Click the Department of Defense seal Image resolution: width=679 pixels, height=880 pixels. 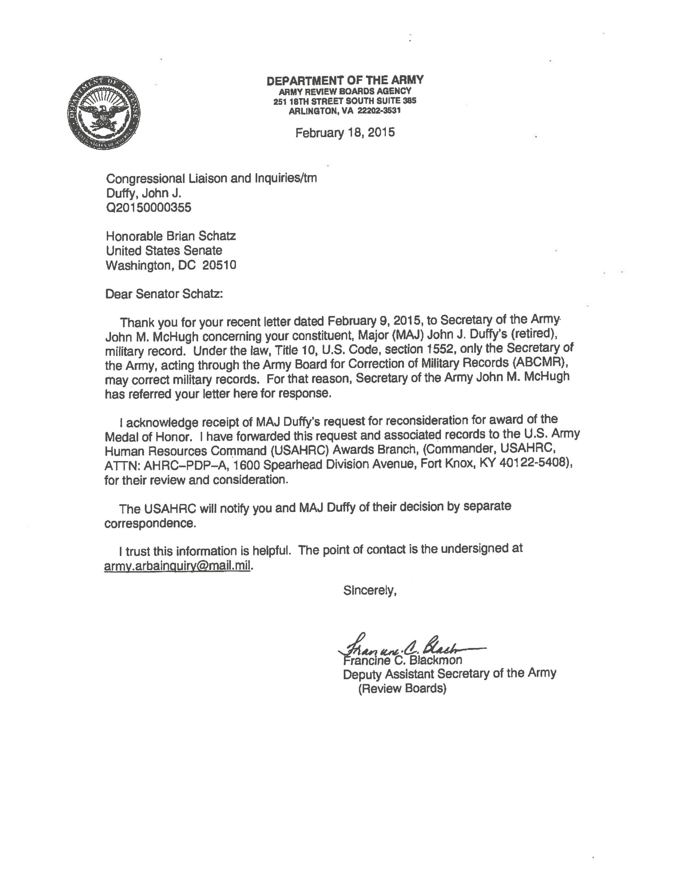click(104, 112)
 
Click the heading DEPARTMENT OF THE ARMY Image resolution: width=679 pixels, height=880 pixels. click(345, 80)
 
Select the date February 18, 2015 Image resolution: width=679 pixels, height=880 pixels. click(345, 132)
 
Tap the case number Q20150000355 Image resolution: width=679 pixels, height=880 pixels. click(149, 208)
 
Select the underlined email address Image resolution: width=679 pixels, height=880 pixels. click(177, 566)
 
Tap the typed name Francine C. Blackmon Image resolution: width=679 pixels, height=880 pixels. click(402, 660)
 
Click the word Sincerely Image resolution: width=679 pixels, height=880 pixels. click(370, 591)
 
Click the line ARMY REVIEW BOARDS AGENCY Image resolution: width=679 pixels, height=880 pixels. click(345, 91)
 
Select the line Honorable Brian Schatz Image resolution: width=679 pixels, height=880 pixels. click(171, 236)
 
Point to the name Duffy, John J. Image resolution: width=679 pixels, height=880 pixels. click(144, 193)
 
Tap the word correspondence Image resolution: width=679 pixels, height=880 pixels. click(150, 523)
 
